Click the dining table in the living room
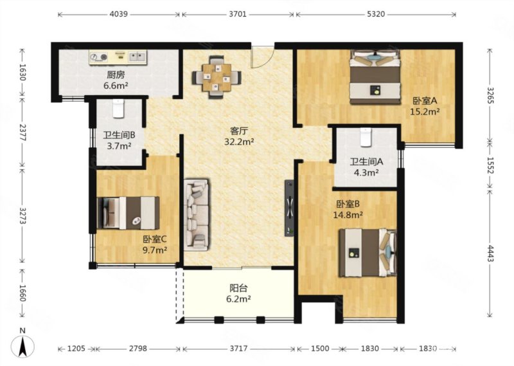(x=217, y=77)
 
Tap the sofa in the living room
(x=197, y=215)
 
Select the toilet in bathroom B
(x=118, y=108)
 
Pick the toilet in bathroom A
(x=366, y=137)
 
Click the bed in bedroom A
(x=375, y=77)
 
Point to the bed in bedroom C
(x=128, y=213)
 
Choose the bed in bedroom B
(x=368, y=252)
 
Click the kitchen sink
(x=137, y=57)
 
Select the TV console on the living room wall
(x=288, y=208)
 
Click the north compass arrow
(x=22, y=346)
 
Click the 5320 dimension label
(x=376, y=14)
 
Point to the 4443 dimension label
(x=490, y=253)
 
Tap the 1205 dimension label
(x=76, y=348)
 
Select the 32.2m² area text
(x=239, y=142)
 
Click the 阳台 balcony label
(x=238, y=288)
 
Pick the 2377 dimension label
(x=22, y=133)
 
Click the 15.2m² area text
(x=425, y=112)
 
